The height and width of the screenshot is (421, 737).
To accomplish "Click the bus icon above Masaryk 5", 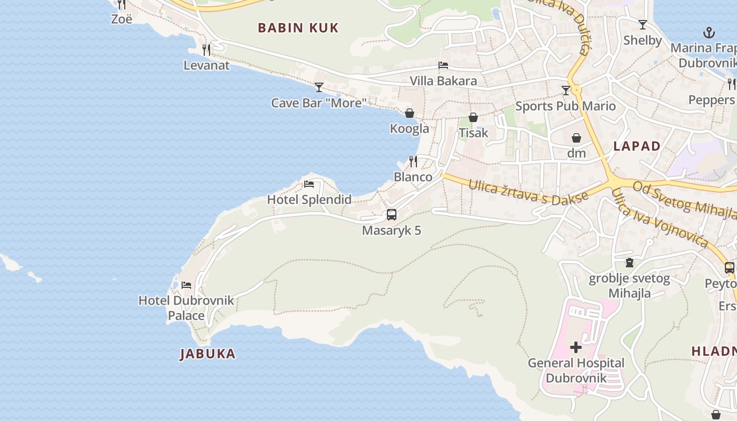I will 391,214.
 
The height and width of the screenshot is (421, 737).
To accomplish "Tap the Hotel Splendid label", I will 309,199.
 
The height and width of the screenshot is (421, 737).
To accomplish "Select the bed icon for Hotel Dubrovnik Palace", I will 186,285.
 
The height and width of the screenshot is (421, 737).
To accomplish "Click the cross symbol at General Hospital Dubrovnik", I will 576,347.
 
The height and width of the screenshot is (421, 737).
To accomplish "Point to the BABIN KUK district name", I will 298,28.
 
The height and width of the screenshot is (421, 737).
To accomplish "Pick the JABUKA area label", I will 208,354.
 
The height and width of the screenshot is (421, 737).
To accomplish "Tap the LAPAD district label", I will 637,146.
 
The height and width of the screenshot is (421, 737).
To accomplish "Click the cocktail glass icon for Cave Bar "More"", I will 319,87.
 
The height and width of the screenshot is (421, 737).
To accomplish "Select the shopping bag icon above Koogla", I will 410,113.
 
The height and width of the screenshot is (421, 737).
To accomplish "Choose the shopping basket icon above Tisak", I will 473,117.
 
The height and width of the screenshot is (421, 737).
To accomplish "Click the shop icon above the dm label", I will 576,138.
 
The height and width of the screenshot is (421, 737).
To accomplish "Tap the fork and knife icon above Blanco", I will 413,161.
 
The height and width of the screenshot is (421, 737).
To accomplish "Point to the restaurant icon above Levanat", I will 206,50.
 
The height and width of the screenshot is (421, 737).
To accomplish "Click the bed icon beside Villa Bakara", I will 443,65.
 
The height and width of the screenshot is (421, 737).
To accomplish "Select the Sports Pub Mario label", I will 565,106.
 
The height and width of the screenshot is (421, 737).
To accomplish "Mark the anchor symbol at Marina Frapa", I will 709,33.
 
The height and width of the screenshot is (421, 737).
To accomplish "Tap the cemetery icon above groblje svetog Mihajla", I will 629,262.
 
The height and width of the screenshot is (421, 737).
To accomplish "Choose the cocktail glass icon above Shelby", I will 642,25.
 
